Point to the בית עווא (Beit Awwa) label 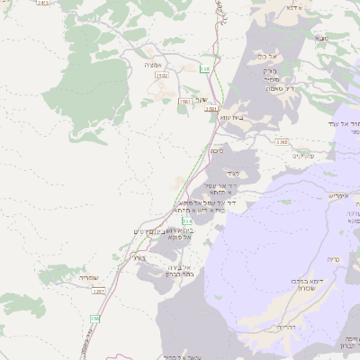tap(231, 116)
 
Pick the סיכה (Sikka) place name tap(215, 151)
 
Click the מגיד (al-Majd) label tap(231, 170)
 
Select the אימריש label tap(337, 194)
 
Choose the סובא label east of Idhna tap(321, 39)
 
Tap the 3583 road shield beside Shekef tap(184, 102)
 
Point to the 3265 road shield tap(282, 142)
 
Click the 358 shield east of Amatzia tap(205, 68)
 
